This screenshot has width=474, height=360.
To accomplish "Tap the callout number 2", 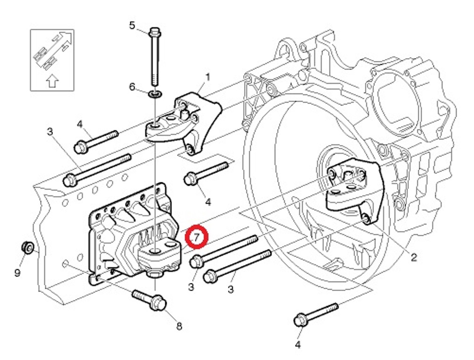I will pyautogui.click(x=414, y=256).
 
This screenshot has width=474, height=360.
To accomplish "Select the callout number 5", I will pyautogui.click(x=132, y=25).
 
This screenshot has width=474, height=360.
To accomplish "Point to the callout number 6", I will pyautogui.click(x=132, y=87).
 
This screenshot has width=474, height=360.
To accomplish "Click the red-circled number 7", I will pyautogui.click(x=196, y=237).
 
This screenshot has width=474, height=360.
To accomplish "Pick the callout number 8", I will pyautogui.click(x=179, y=326).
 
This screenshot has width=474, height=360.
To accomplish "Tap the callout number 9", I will pyautogui.click(x=17, y=272).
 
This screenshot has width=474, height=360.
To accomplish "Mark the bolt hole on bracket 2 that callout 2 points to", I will pyautogui.click(x=366, y=218).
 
